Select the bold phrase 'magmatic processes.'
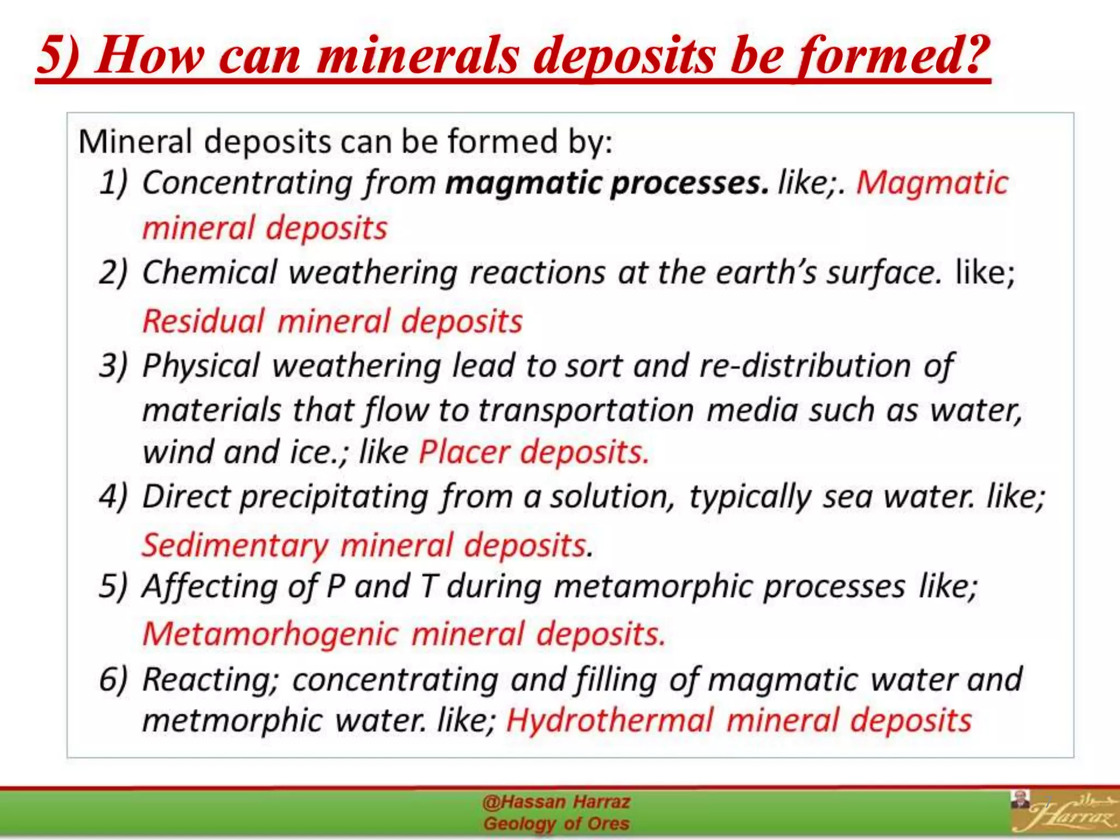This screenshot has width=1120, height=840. pyautogui.click(x=607, y=182)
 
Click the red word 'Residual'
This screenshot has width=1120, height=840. pyautogui.click(x=203, y=320)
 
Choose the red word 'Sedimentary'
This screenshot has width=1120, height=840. pyautogui.click(x=235, y=545)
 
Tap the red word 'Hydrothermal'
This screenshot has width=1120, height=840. pyautogui.click(x=610, y=720)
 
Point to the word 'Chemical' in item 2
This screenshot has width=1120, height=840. pyautogui.click(x=209, y=272)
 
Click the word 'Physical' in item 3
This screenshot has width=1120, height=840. pyautogui.click(x=201, y=365)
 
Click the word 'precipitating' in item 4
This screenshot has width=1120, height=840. pyautogui.click(x=334, y=497)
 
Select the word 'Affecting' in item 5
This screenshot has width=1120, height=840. pyautogui.click(x=209, y=586)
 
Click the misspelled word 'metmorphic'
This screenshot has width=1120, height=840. pyautogui.click(x=232, y=720)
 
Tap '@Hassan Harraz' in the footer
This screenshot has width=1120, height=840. pyautogui.click(x=556, y=802)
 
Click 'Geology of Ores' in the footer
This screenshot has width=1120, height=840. pyautogui.click(x=556, y=823)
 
